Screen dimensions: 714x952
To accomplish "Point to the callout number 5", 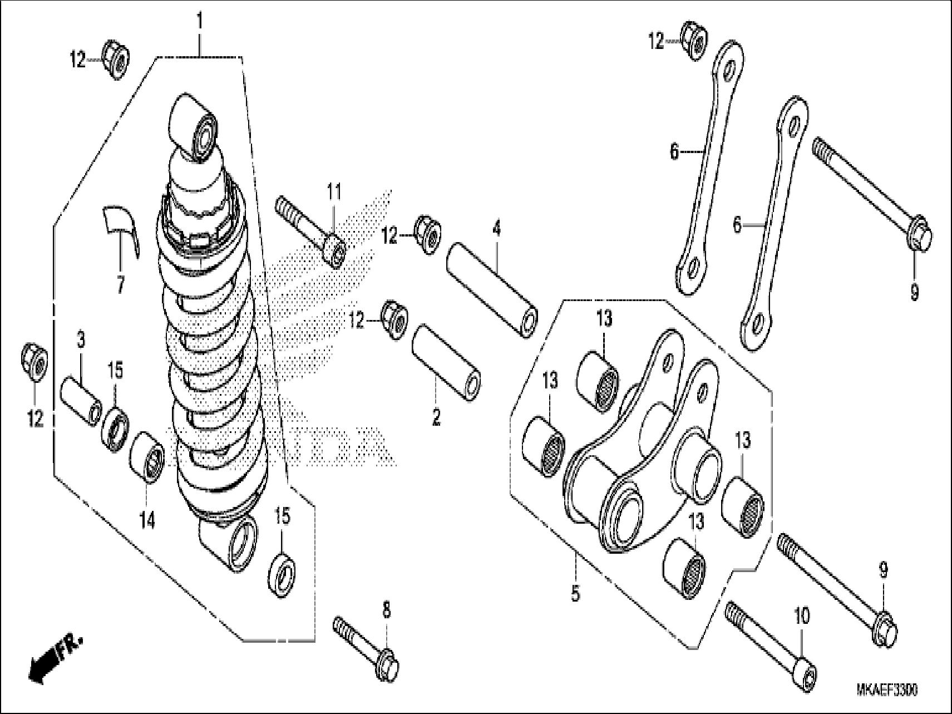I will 575,593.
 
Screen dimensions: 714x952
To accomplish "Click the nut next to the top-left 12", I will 115,59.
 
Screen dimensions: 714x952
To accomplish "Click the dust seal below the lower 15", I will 282,573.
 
